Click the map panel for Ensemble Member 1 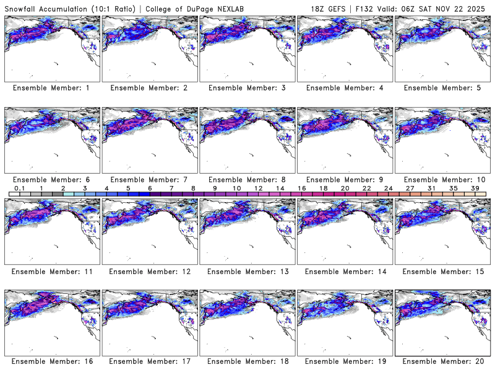pos(51,48)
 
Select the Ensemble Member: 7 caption pos(149,179)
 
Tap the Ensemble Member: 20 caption pos(442,361)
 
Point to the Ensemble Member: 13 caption pos(247,271)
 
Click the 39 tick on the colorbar pos(474,188)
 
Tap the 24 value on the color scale pos(388,188)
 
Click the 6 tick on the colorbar pos(150,188)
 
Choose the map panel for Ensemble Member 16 pos(51,322)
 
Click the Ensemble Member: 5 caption pos(442,88)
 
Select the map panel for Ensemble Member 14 pos(345,231)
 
